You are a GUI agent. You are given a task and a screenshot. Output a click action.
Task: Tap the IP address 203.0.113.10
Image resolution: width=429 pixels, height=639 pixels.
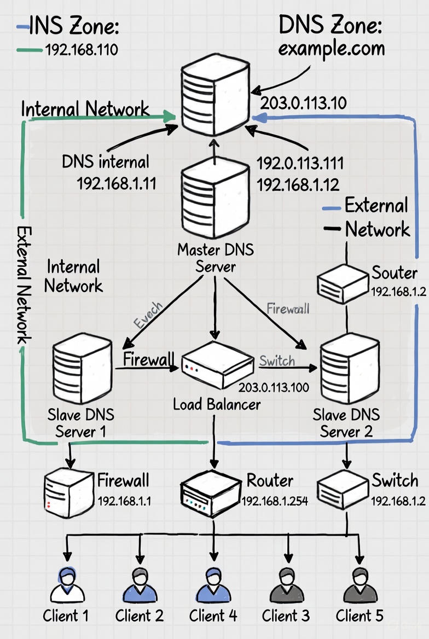tap(303, 103)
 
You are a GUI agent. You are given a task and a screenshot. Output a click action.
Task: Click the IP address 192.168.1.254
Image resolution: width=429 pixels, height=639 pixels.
tap(275, 501)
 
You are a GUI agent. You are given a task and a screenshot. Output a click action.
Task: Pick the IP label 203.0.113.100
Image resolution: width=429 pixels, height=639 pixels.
tap(274, 388)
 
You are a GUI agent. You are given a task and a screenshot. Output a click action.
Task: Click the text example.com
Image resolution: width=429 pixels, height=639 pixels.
tap(331, 49)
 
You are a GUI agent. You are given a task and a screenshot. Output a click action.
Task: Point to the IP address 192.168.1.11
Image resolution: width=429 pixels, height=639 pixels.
tap(117, 183)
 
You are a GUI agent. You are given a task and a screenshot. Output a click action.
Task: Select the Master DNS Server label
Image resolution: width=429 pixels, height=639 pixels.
tap(216, 258)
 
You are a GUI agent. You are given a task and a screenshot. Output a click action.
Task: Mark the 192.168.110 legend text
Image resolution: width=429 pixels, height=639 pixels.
tap(82, 50)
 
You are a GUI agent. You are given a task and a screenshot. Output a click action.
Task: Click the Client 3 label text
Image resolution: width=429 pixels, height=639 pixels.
tap(286, 616)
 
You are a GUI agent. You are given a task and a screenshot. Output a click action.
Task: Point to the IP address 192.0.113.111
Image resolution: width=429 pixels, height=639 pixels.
tap(300, 163)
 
